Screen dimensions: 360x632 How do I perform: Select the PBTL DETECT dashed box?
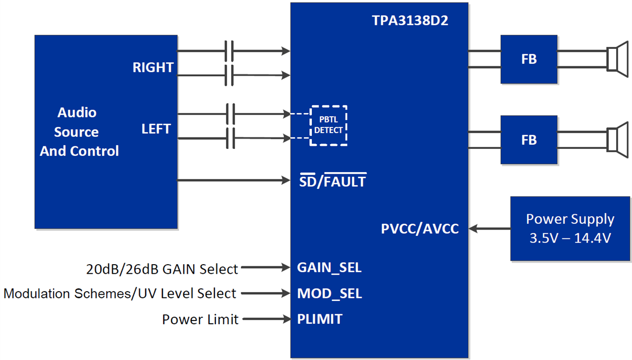329,125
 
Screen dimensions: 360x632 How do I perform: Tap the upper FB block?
529,59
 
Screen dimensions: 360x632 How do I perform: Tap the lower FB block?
529,140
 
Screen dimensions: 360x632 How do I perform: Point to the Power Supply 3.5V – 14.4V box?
570,228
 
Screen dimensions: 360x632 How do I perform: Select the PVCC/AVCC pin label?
420,229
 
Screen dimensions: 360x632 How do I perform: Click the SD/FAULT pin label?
332,182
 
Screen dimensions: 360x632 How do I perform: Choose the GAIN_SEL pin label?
329,267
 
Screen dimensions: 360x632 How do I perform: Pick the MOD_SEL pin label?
329,294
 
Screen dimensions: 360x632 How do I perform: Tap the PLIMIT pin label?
320,319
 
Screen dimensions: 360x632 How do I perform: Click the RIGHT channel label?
153,67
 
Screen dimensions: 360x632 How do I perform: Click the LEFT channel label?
156,128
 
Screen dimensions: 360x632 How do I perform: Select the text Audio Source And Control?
79,132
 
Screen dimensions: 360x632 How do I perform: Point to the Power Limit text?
200,319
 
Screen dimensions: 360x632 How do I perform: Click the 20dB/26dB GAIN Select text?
162,269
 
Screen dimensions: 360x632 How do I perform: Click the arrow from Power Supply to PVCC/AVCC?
490,229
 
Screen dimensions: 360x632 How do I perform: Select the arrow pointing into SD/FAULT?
234,181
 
